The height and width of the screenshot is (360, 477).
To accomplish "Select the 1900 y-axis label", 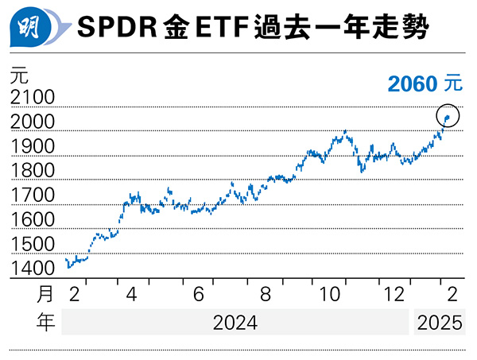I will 32,146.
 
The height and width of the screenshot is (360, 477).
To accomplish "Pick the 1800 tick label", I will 32,171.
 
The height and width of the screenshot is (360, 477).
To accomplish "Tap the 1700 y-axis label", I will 32,195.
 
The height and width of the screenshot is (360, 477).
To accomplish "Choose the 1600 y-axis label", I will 32,219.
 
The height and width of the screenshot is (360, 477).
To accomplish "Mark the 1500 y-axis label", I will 32,244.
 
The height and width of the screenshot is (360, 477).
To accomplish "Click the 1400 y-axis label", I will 32,269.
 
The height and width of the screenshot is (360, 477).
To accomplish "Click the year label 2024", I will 235,322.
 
